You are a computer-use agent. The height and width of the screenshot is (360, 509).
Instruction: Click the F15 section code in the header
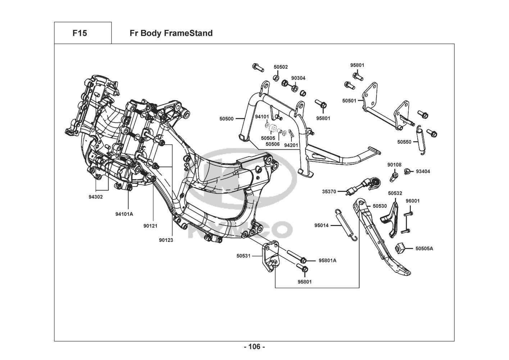[79, 33]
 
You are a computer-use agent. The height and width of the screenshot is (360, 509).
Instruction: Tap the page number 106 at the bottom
[254, 347]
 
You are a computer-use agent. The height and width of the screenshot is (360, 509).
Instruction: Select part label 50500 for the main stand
[227, 118]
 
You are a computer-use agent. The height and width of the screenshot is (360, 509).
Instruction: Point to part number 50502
[281, 67]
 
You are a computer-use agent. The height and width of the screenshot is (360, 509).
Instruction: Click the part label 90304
[298, 78]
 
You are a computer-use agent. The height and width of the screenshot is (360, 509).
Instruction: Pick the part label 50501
[349, 101]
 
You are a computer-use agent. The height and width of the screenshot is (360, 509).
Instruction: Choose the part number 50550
[404, 142]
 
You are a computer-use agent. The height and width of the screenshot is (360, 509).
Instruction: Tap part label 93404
[423, 171]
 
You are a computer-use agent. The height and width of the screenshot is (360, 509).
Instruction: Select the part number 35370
[329, 192]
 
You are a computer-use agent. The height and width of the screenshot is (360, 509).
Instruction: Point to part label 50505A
[424, 248]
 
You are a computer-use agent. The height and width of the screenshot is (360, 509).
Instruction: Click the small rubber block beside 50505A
[401, 248]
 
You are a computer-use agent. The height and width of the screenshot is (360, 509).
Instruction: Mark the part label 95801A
[327, 260]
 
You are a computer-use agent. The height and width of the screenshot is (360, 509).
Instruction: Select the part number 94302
[95, 197]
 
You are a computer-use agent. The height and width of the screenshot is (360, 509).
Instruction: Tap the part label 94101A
[124, 214]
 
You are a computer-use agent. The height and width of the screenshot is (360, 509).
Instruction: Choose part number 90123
[166, 240]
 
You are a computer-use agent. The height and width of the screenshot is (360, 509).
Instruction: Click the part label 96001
[413, 201]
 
